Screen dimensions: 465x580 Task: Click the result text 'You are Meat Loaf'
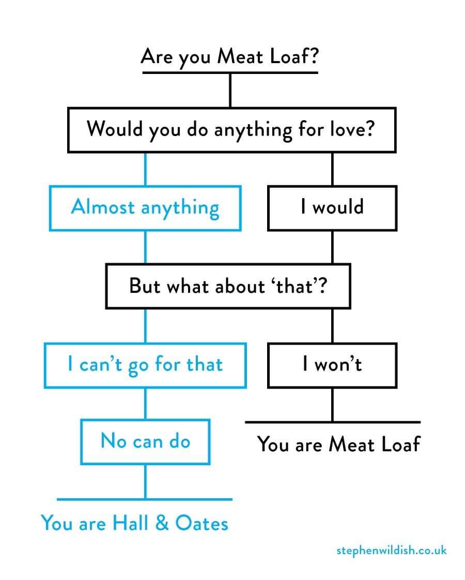click(x=339, y=444)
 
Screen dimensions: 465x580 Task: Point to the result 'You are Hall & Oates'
click(x=134, y=523)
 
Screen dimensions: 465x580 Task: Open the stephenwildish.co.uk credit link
click(x=392, y=551)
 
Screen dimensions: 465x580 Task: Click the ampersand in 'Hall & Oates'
click(x=162, y=523)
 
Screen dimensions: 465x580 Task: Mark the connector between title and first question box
click(x=230, y=90)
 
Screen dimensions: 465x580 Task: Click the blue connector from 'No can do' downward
click(x=145, y=482)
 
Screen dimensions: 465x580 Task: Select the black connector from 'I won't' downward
click(x=332, y=405)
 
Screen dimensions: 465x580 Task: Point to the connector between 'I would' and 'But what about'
click(x=332, y=247)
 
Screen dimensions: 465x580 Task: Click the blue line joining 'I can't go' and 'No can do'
click(x=145, y=404)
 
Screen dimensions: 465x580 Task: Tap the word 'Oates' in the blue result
click(x=202, y=523)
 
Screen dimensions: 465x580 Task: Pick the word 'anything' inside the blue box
click(x=180, y=208)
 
